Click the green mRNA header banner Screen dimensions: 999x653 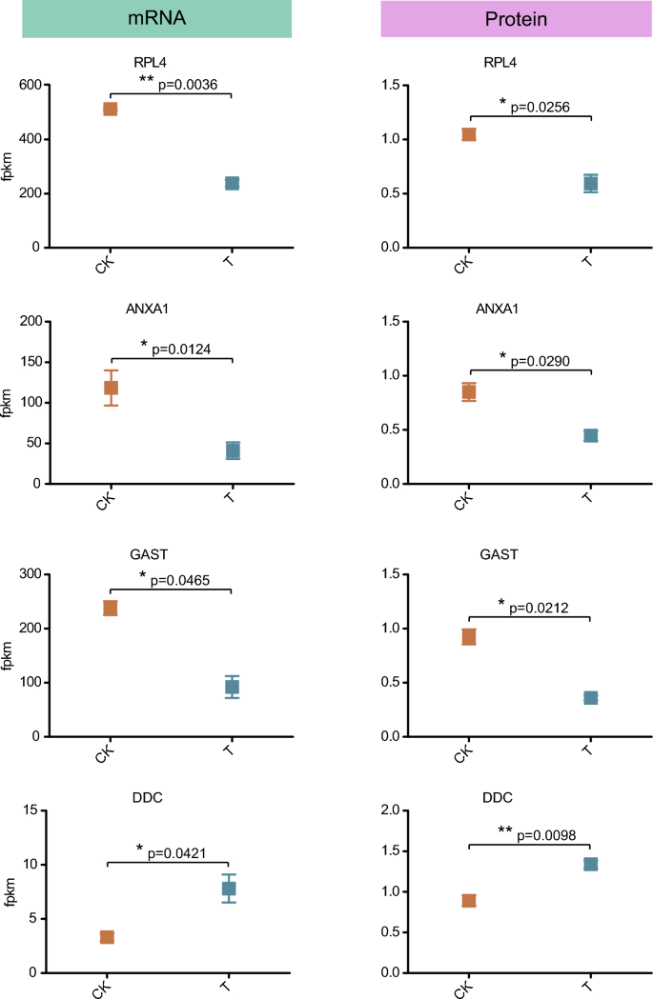(x=156, y=19)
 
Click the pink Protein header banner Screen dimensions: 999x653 (x=516, y=19)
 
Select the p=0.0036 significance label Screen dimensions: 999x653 (x=187, y=85)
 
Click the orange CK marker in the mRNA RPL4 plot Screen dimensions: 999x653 (x=111, y=109)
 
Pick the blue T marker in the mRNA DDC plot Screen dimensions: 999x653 (x=229, y=889)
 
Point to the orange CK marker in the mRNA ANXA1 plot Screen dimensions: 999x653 (x=111, y=388)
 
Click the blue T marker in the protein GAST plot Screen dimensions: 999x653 (x=590, y=698)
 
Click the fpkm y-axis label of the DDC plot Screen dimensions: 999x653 (x=11, y=891)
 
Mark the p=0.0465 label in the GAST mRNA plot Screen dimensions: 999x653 (x=187, y=579)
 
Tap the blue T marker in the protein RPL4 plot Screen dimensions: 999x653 (x=590, y=184)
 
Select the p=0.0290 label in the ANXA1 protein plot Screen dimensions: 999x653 (x=546, y=359)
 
